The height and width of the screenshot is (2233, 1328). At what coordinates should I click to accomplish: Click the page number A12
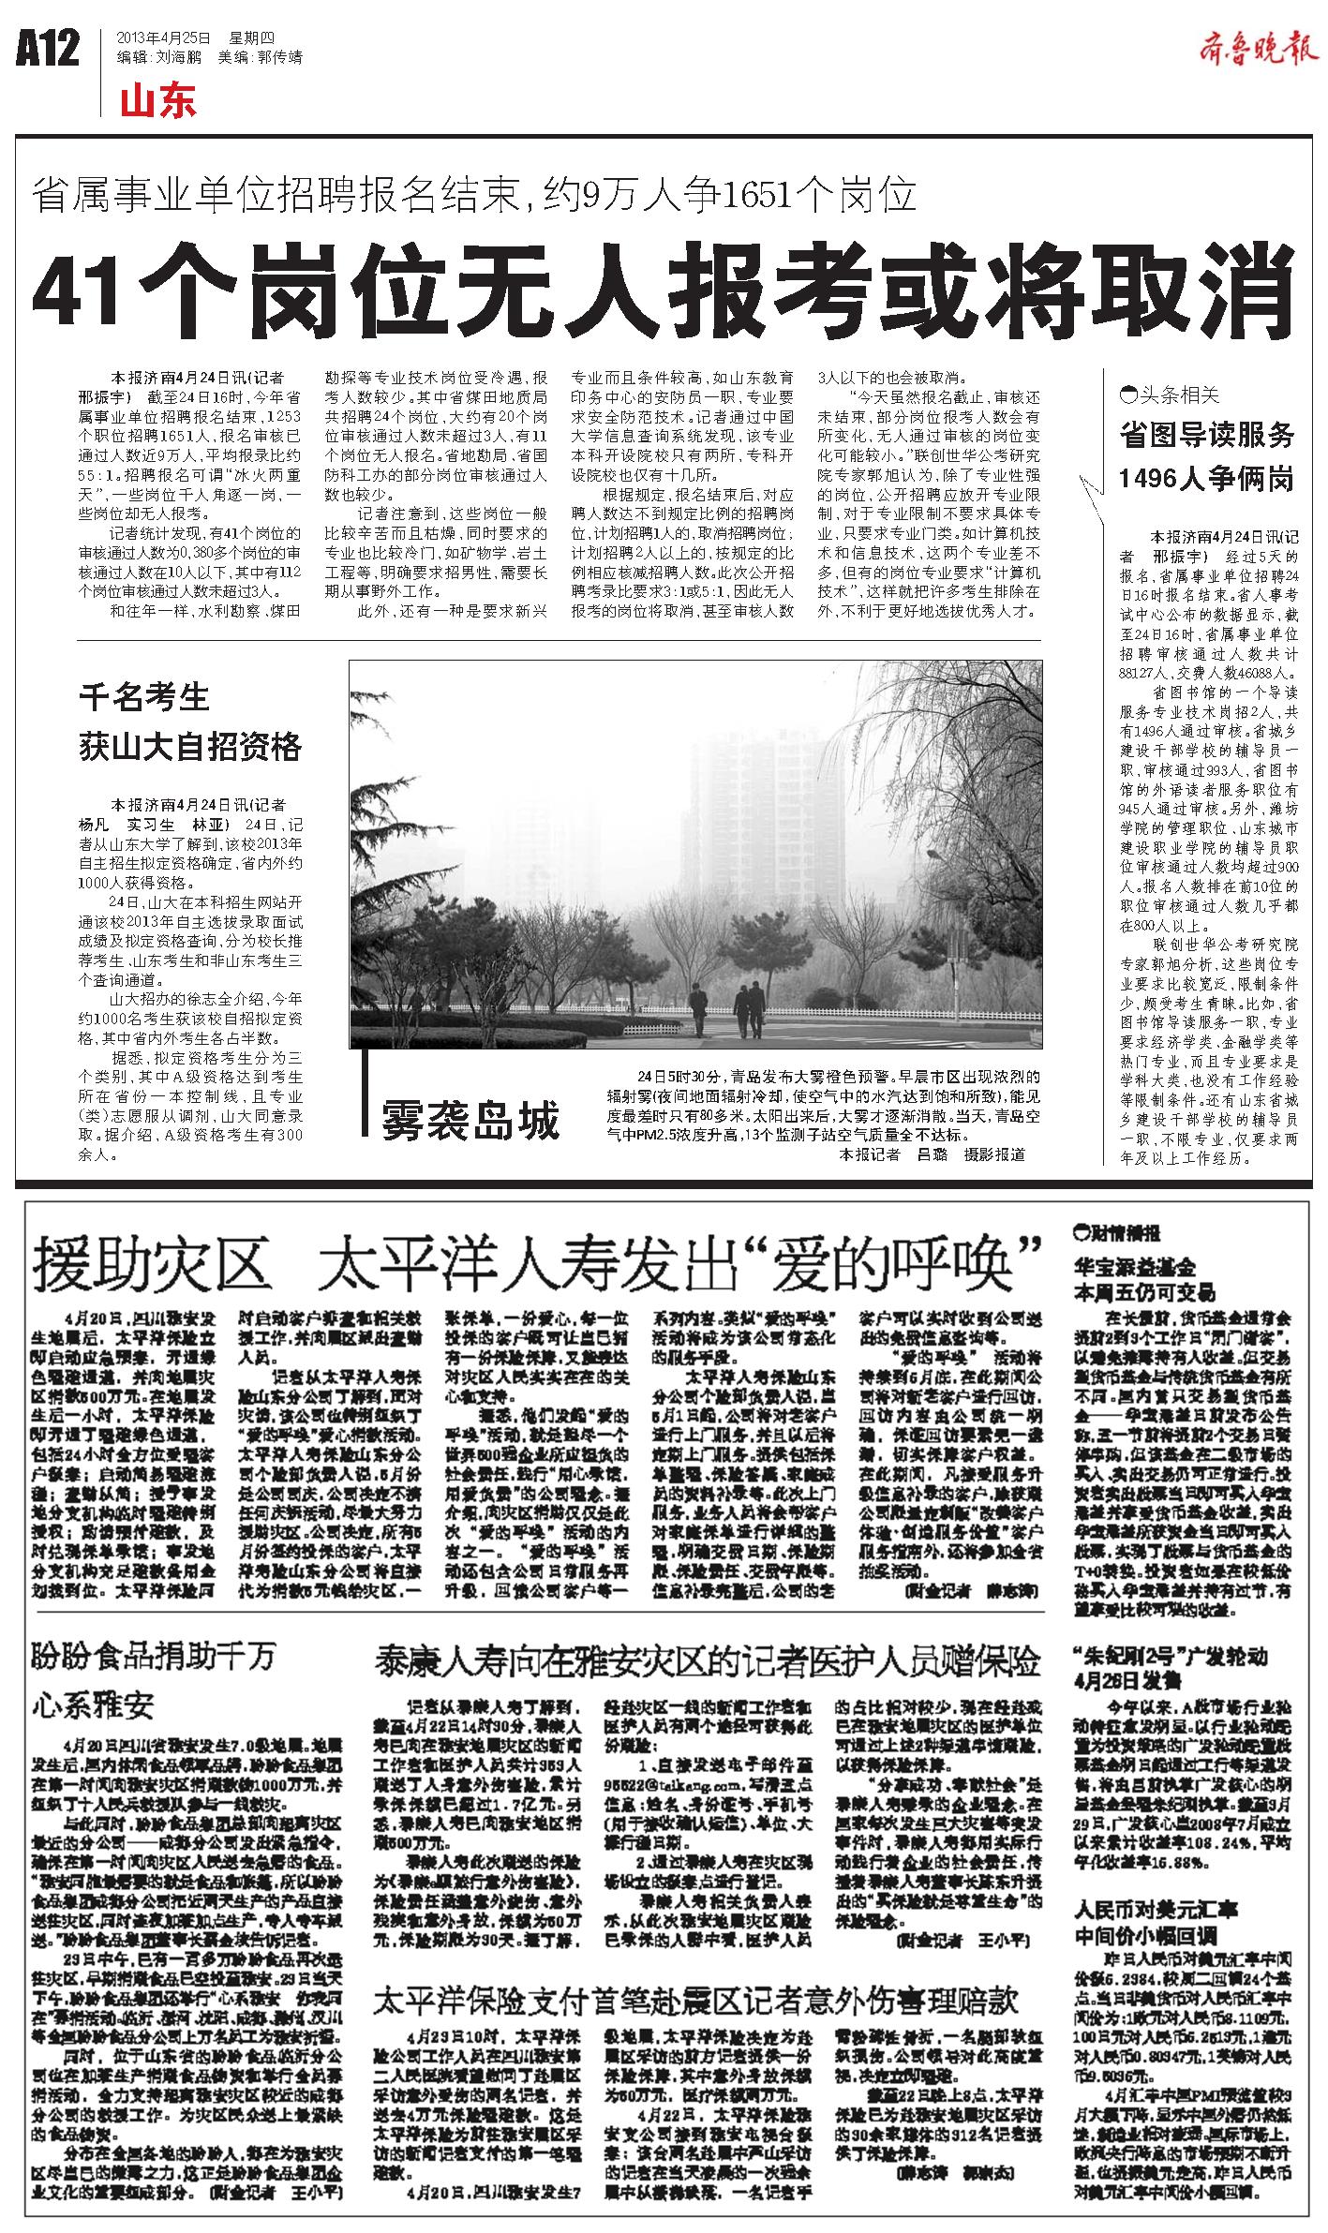48,50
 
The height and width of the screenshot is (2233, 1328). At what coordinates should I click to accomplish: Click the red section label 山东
157,100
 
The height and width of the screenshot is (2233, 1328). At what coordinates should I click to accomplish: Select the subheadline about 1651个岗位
474,195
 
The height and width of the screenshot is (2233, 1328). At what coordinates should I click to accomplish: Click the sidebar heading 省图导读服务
1207,435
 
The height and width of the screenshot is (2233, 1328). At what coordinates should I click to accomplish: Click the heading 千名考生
143,698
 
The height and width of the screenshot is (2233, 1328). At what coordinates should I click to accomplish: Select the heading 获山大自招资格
190,748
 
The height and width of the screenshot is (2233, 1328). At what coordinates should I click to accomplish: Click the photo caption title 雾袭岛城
470,1120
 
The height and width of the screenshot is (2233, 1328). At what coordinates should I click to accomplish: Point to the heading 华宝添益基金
1135,1267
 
